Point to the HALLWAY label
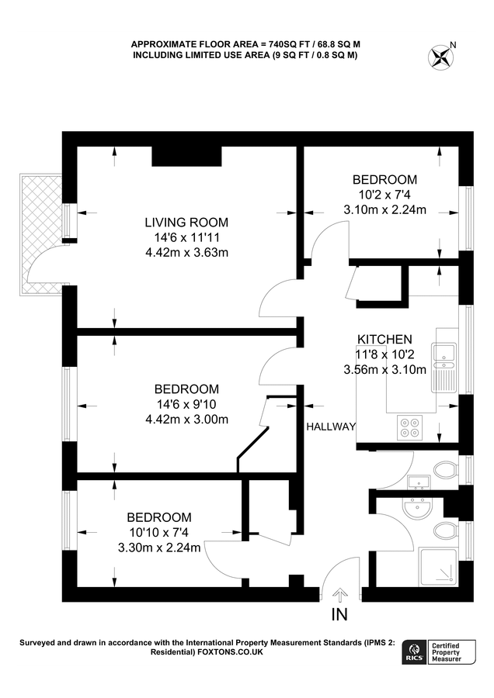[x=330, y=427]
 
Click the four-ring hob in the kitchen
[x=409, y=426]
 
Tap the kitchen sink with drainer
[x=446, y=366]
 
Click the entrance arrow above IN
[x=339, y=595]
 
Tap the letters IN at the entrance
[x=339, y=615]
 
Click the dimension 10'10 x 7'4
[x=159, y=533]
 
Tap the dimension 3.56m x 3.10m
[x=384, y=370]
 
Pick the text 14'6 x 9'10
[x=186, y=405]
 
